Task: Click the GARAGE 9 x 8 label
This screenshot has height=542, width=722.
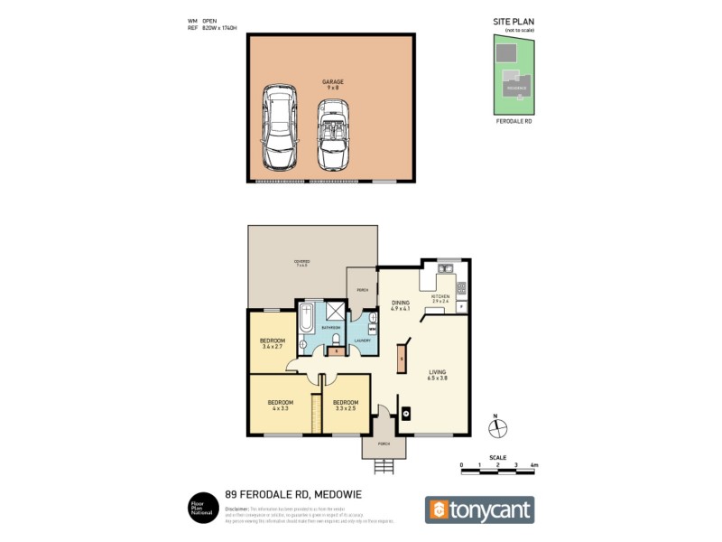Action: coord(332,84)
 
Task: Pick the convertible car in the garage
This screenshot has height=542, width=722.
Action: coord(332,134)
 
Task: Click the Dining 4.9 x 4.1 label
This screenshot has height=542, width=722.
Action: coord(400,305)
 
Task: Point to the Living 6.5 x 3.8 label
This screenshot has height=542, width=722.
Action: coord(438,376)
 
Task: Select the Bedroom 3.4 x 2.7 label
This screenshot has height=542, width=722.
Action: coord(272,343)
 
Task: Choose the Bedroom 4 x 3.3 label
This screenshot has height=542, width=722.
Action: coord(280,405)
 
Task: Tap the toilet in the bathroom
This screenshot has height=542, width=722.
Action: coord(334,338)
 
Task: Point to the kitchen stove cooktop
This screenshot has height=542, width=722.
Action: coord(461,288)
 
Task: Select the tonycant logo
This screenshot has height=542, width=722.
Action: coord(479,509)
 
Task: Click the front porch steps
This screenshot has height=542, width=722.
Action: coord(384,467)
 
